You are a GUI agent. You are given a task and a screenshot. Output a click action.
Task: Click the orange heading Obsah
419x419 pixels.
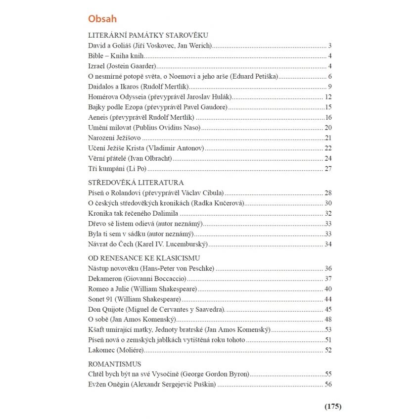[102, 19]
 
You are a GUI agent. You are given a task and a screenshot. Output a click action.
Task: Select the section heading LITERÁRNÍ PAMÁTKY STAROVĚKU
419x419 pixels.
[148, 36]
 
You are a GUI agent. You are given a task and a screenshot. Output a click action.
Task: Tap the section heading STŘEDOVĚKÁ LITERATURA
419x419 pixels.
[136, 183]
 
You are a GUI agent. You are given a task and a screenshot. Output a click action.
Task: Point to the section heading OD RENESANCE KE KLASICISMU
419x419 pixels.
[143, 258]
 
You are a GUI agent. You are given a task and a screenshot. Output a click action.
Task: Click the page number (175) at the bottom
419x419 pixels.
[333, 407]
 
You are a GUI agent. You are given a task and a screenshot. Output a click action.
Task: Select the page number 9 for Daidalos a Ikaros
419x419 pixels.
[329, 87]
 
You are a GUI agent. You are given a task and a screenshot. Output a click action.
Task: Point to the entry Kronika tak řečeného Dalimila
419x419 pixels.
[133, 214]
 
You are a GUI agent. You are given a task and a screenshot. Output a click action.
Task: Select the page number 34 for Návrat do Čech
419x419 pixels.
[328, 244]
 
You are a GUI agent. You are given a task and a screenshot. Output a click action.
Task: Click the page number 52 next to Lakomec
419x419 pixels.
[328, 350]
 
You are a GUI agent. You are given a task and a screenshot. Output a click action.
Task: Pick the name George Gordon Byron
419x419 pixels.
[216, 374]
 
